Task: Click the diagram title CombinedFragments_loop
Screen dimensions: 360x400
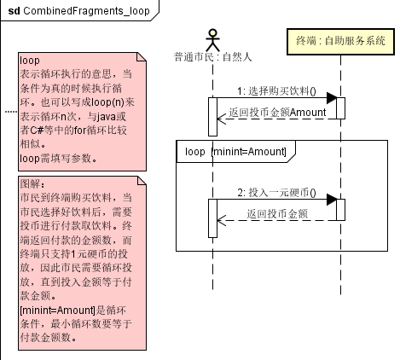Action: (81, 10)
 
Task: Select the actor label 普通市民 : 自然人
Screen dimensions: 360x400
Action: (214, 58)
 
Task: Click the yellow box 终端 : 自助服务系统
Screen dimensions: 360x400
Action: (339, 42)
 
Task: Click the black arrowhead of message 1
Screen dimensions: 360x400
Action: (332, 98)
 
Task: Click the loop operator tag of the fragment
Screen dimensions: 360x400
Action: (195, 151)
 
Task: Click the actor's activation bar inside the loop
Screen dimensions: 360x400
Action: (214, 217)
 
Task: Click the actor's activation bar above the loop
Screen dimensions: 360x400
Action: (214, 115)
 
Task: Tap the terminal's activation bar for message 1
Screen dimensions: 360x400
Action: (339, 107)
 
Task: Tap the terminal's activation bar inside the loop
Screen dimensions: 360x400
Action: (339, 209)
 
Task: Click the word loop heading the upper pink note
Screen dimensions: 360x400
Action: (30, 61)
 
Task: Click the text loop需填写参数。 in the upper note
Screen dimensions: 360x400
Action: (58, 158)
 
